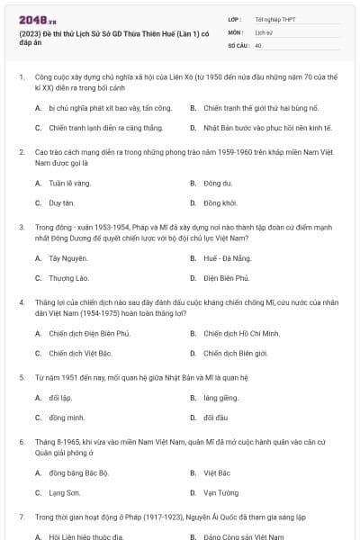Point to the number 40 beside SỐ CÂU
tap(258, 44)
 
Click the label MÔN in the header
tap(237, 31)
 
